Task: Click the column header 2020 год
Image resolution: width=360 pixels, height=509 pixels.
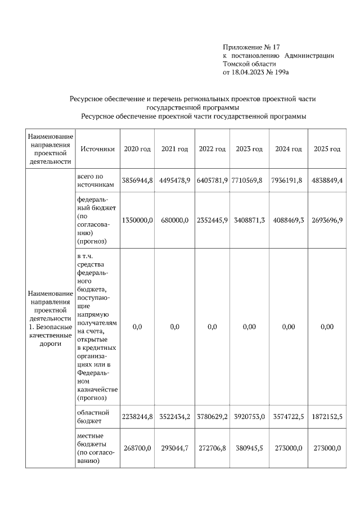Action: point(137,149)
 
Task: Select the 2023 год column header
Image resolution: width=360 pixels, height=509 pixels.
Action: point(250,149)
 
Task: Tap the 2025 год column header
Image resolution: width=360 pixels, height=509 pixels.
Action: point(327,149)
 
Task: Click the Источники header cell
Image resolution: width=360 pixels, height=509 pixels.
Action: point(97,149)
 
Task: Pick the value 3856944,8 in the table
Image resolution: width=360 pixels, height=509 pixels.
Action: point(137,180)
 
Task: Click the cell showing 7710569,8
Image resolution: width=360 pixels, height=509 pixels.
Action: point(250,180)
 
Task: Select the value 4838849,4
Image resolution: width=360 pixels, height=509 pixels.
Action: point(327,180)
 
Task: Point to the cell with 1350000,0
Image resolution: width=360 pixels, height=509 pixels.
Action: point(137,220)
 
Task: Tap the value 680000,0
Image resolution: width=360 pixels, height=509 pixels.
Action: point(175,220)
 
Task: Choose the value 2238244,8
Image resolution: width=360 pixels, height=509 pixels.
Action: point(137,417)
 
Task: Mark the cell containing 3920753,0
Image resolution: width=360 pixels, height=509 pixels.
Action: point(250,417)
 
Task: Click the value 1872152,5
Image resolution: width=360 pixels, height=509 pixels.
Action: point(327,417)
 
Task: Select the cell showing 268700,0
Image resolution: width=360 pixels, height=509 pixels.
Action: point(137,448)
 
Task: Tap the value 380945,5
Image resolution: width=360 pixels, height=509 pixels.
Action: point(250,448)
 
